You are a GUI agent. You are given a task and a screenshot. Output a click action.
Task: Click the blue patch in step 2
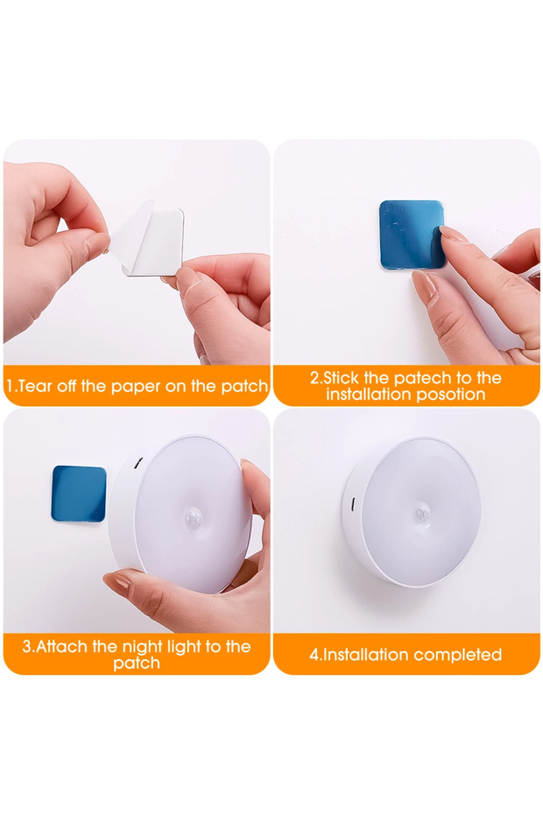[412, 235]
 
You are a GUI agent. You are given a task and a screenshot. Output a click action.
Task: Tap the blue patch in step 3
[79, 493]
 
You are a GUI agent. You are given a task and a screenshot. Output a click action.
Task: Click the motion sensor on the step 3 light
[194, 516]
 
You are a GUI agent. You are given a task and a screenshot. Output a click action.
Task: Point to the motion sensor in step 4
[420, 514]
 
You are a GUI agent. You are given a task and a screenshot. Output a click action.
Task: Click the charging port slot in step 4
[353, 503]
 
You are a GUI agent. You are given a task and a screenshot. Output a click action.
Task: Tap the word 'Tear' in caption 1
[35, 386]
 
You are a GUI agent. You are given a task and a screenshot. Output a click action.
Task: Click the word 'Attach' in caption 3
[62, 646]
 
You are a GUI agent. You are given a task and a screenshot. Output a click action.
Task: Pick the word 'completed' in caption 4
[458, 655]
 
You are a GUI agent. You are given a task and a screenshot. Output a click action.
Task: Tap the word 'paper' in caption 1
[133, 387]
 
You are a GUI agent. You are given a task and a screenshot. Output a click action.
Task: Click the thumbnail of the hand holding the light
[137, 520]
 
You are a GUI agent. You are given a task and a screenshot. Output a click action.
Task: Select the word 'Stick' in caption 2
[342, 377]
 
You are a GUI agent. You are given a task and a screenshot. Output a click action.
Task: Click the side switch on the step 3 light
[138, 462]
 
